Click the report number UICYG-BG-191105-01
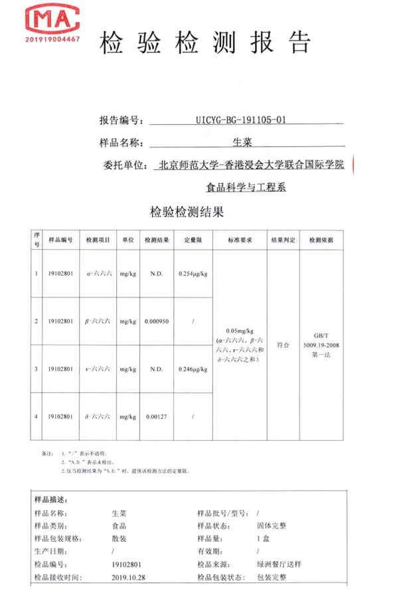242,120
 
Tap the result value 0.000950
156,321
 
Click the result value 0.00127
156,416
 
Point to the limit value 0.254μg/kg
193,274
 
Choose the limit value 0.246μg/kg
193,369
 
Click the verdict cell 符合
283,345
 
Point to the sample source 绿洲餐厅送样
279,564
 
